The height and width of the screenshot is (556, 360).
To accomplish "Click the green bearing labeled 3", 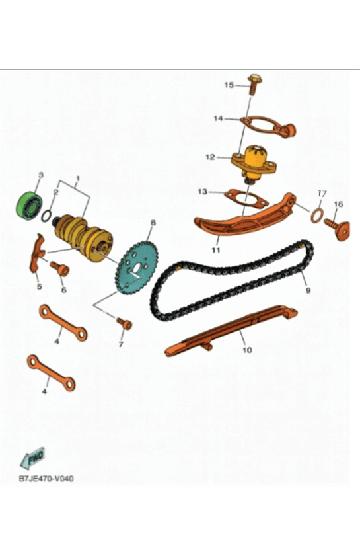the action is pos(29,206).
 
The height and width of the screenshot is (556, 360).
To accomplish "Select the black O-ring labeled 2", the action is pos(46,216).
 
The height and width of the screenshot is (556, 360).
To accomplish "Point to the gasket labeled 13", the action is pos(246,198).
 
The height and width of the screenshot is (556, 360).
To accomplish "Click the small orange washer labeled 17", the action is pos(317,216).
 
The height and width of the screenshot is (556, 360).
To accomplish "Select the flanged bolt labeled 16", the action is pos(338,228).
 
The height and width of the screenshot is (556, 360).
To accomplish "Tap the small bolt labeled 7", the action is pos(124,323).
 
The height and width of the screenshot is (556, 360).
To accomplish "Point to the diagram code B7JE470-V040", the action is pos(46,479).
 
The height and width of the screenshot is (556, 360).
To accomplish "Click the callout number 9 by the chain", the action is pos(308,290).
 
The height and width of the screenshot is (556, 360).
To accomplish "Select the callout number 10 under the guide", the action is pos(247,350).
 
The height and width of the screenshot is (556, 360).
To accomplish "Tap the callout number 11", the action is pos(216,250).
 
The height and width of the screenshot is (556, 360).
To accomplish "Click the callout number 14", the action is pos(218,118).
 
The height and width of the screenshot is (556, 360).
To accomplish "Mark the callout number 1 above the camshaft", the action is pos(78,178).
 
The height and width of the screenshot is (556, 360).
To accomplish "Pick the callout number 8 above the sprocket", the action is pos(153,223).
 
